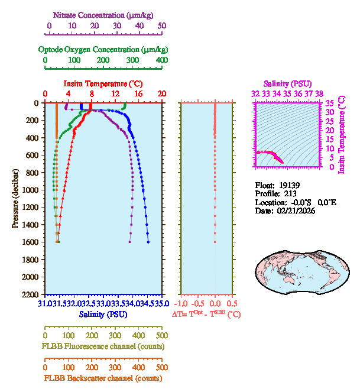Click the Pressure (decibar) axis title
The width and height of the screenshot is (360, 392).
click(15, 199)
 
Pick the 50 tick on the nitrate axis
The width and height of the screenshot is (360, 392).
click(161, 26)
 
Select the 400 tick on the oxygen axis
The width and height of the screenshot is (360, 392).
click(161, 60)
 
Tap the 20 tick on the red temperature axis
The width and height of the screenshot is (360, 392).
click(161, 94)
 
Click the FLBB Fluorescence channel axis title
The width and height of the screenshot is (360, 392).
click(103, 346)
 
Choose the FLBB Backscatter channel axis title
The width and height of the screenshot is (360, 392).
click(103, 378)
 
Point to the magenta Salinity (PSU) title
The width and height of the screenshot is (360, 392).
click(287, 83)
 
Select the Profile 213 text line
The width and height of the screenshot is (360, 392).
click(275, 193)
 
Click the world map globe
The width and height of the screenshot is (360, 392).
click(297, 268)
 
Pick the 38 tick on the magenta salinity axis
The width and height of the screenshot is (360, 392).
click(319, 93)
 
